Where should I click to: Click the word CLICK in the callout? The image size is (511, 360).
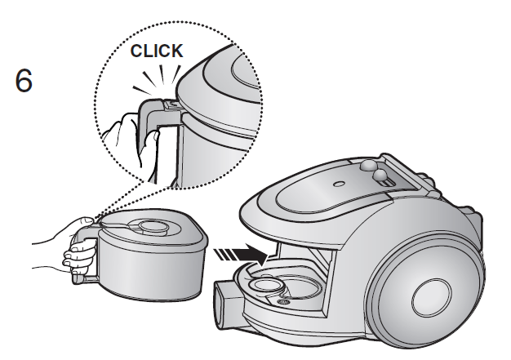click(x=157, y=51)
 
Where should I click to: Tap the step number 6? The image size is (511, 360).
click(x=24, y=81)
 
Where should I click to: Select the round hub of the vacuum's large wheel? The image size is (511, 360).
click(x=431, y=298)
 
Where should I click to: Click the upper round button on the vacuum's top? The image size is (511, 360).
click(x=368, y=166)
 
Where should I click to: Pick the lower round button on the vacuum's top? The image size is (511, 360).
click(x=380, y=176)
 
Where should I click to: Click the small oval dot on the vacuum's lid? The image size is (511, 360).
click(x=339, y=184)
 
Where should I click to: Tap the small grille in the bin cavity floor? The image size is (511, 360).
click(x=283, y=302)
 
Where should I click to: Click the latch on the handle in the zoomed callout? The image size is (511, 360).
click(x=171, y=104)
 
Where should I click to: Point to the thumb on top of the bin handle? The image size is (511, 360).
click(x=88, y=220)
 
